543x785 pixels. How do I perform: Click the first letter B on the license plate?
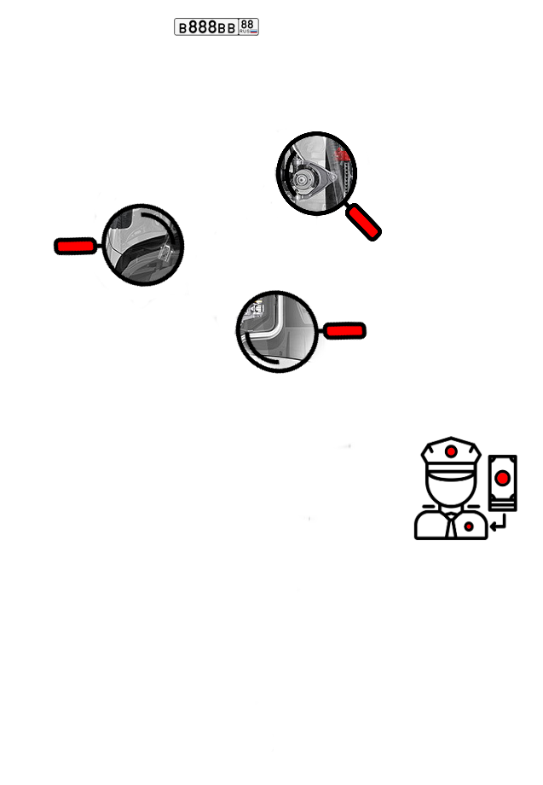pos(182,28)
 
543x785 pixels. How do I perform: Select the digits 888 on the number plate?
pos(202,27)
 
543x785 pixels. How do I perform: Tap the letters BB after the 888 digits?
pos(227,28)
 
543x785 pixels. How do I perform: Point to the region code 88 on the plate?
pos(247,24)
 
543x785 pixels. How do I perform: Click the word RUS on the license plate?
pos(244,32)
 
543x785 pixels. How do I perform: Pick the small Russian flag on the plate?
pos(253,32)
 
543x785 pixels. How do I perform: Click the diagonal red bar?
pos(363,222)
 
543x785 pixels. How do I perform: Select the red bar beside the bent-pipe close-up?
pos(344,331)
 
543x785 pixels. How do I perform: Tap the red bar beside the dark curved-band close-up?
pos(75,247)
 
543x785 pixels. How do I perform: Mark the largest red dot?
pos(502,478)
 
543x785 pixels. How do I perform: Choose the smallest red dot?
pos(469,526)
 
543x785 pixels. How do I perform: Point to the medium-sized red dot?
pos(451,451)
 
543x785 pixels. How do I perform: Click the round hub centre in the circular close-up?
pos(303,181)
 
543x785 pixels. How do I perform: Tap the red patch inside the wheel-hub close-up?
pos(343,154)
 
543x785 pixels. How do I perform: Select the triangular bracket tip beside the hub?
pos(327,176)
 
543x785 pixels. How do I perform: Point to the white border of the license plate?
pos(217,19)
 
